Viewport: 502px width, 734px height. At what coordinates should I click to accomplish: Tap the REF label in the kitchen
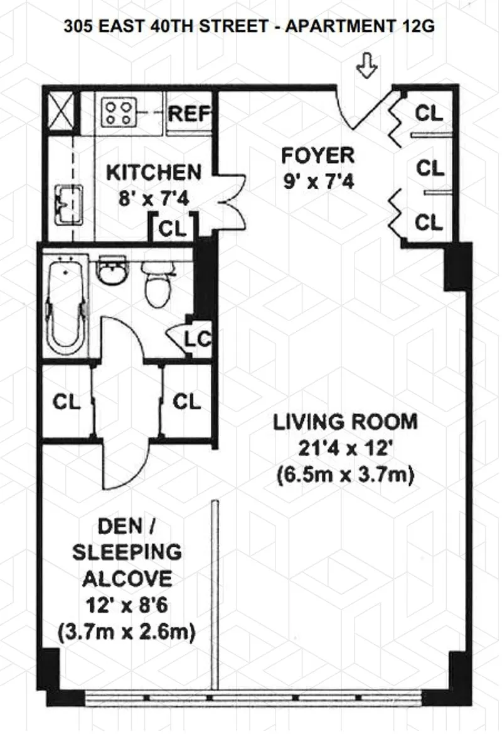(189, 114)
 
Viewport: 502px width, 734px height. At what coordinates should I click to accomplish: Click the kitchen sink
(68, 205)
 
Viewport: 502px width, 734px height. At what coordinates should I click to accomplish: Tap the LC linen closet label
(197, 340)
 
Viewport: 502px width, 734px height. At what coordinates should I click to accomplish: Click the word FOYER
(318, 155)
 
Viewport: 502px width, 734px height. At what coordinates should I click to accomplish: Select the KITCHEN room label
(154, 172)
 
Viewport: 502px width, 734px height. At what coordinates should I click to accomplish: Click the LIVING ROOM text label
(345, 422)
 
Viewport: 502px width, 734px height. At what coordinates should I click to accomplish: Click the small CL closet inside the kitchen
(173, 228)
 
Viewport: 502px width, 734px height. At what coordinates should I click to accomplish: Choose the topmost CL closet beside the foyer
(430, 114)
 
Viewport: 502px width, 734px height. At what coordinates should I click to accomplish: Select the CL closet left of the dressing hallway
(67, 402)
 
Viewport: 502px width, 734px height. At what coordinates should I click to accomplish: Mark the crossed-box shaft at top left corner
(61, 112)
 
